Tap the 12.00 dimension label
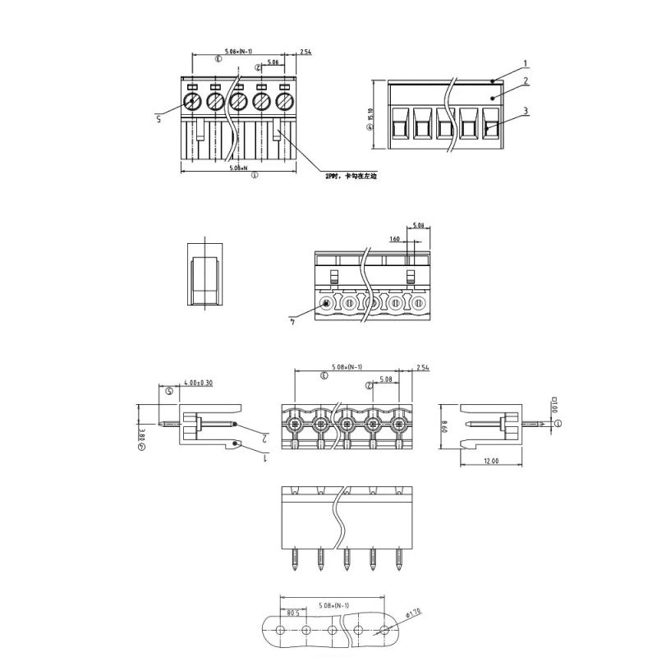click(492, 462)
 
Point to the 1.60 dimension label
click(395, 239)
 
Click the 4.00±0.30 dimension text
click(199, 383)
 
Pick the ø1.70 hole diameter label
click(414, 613)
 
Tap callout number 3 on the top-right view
click(526, 110)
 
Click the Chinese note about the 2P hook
click(342, 176)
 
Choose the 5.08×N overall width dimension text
click(238, 168)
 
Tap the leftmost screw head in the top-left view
click(192, 102)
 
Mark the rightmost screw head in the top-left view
click(285, 102)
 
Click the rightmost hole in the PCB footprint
click(384, 631)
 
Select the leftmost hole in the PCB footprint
click(281, 631)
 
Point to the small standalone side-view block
click(204, 273)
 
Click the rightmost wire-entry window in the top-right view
click(490, 125)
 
